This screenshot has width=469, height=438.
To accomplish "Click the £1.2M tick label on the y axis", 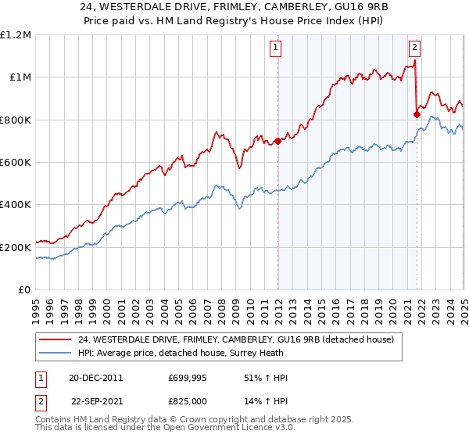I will pyautogui.click(x=16, y=34).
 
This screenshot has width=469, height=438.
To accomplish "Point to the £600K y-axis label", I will pyautogui.click(x=16, y=162).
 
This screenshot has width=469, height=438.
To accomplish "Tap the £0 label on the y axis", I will pyautogui.click(x=25, y=289).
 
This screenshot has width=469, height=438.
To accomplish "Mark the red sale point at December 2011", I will pyautogui.click(x=277, y=141).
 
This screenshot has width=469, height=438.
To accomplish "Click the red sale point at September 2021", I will pyautogui.click(x=417, y=114).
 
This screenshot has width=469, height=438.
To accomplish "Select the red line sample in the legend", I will pyautogui.click(x=55, y=339).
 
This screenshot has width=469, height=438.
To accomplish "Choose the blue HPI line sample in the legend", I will pyautogui.click(x=55, y=353).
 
